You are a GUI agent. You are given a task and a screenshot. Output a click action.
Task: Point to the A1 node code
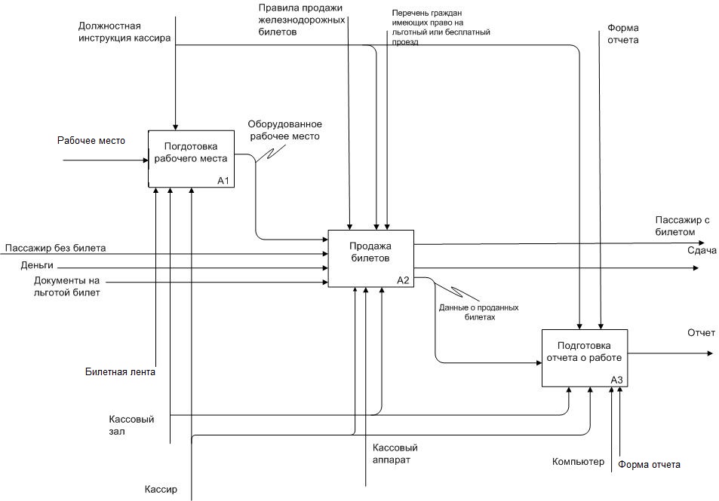point(223,181)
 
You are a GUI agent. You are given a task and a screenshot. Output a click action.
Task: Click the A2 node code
point(403,280)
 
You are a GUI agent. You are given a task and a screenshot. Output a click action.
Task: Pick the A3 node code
point(617,380)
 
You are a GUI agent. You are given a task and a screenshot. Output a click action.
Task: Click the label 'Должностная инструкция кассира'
point(124,31)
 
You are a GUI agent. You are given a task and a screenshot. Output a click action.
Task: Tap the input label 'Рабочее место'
point(91,141)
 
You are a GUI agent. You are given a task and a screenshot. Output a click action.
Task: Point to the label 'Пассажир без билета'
point(55,248)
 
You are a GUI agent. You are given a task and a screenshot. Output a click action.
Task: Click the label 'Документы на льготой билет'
point(66,286)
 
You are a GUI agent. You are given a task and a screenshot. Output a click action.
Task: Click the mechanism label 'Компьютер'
point(578,462)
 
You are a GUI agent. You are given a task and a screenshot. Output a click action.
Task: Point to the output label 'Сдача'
point(702,251)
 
